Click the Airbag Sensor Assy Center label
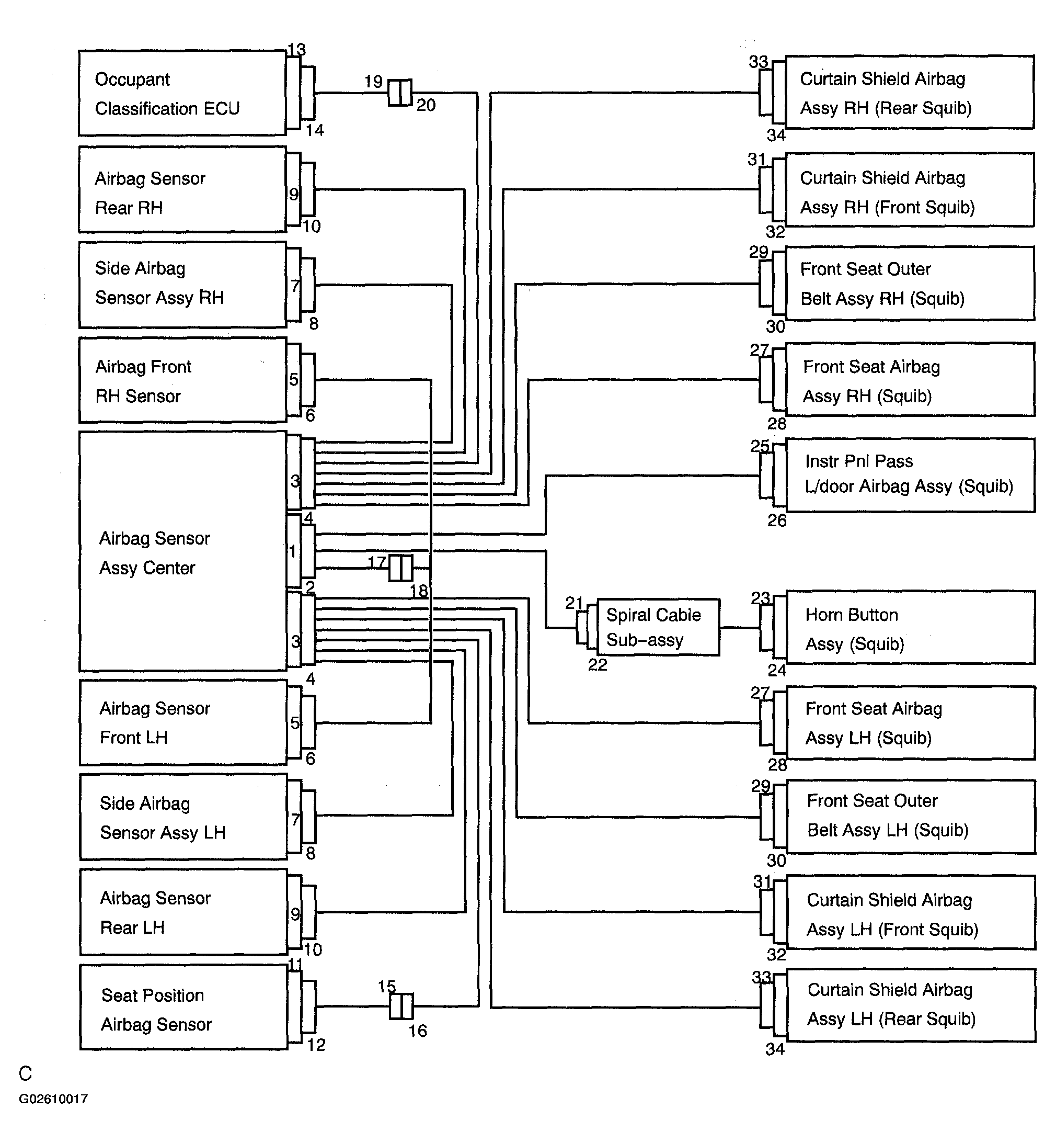point(154,553)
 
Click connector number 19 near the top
point(373,81)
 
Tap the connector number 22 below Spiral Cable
point(598,664)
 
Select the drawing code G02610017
point(53,1099)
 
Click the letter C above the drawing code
point(25,1073)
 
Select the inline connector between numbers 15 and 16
point(401,1006)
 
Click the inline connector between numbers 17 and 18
point(400,568)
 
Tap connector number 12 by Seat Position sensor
point(316,1045)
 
